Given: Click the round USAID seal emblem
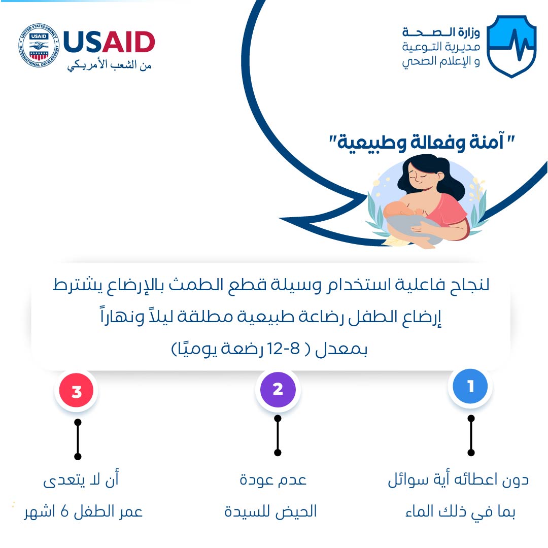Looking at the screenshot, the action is click(x=39, y=46).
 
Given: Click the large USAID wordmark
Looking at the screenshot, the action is click(x=109, y=42).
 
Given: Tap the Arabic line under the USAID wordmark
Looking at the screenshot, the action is click(x=109, y=65).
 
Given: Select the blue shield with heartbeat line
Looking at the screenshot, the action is click(x=511, y=46).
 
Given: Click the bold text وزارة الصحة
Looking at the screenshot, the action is click(x=441, y=32).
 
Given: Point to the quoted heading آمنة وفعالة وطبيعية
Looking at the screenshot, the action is click(x=422, y=142).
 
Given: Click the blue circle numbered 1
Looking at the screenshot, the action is click(x=470, y=386).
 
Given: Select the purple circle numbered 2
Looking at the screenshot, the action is click(x=278, y=389).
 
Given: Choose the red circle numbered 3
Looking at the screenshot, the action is click(x=77, y=391).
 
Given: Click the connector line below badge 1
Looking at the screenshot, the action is click(x=471, y=435).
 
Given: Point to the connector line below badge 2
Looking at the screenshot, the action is click(x=278, y=435).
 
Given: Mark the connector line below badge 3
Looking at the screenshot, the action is click(x=78, y=439).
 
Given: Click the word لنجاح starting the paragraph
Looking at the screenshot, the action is click(x=469, y=285).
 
